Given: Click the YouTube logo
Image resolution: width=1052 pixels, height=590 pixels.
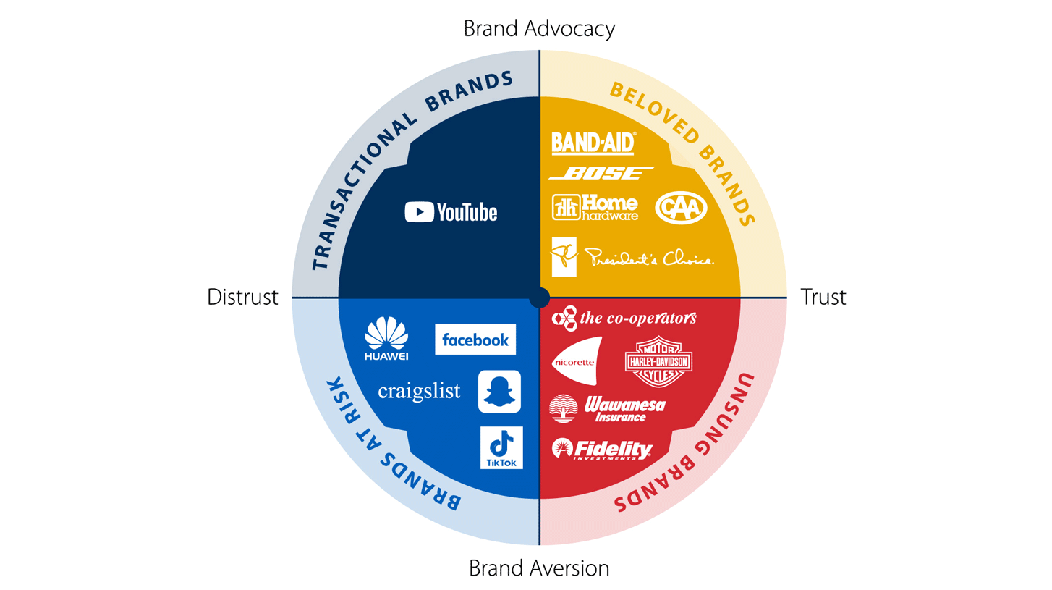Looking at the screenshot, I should (x=451, y=212).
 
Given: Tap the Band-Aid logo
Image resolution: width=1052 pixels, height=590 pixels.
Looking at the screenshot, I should (x=593, y=143).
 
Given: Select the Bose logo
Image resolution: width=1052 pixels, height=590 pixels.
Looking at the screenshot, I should (x=601, y=173).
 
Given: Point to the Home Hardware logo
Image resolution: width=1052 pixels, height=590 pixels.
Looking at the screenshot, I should (x=595, y=207).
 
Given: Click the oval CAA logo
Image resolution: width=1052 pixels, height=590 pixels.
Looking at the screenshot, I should (x=681, y=208).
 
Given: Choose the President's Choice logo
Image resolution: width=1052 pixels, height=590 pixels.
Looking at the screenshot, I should (x=633, y=257).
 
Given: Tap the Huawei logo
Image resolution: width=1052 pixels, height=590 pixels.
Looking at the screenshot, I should (x=386, y=339).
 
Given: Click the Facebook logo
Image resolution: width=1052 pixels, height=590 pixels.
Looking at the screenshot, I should (x=475, y=340).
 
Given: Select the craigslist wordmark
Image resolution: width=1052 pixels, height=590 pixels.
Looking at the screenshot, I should (x=420, y=392).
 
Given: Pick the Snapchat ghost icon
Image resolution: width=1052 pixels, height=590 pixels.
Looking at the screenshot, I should (x=499, y=392).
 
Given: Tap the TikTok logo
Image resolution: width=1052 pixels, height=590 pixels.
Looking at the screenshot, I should (x=501, y=447).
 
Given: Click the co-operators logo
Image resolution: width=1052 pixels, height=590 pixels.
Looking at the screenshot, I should (x=624, y=317).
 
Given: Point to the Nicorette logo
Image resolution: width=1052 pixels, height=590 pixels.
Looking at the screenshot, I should (x=577, y=361).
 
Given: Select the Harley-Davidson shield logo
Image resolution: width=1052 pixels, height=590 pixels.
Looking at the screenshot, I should (x=658, y=361).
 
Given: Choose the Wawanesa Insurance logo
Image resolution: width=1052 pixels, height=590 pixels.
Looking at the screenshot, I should (x=608, y=409).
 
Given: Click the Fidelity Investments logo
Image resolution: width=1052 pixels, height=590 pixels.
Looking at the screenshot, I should (x=602, y=449).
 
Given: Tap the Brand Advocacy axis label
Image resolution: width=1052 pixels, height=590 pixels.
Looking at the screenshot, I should (x=539, y=29).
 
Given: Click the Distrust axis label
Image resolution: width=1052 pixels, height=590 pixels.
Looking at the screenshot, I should (x=242, y=298).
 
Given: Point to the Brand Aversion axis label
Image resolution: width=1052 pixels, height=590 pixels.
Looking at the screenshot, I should (x=539, y=568).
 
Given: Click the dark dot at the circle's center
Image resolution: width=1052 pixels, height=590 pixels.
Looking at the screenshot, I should (x=539, y=298).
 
